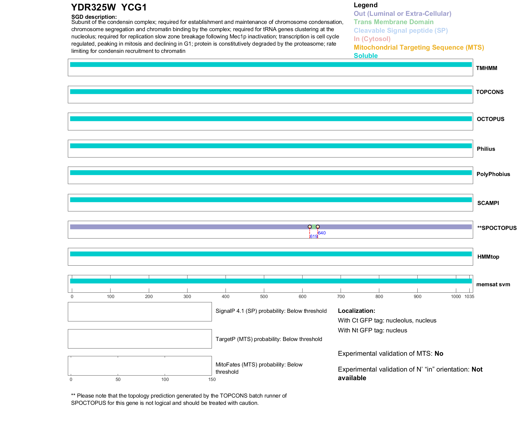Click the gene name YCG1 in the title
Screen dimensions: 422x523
pos(134,8)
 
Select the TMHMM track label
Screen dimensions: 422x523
pos(486,68)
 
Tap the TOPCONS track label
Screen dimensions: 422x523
pos(489,92)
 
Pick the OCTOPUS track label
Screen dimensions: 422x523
pos(490,119)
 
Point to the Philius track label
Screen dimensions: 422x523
pos(486,149)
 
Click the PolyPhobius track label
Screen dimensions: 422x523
pos(493,174)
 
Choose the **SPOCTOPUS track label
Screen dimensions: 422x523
pos(497,228)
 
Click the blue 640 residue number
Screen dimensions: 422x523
pos(322,233)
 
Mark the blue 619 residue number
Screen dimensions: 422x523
pos(313,237)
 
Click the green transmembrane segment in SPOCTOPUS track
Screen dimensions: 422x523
pos(314,227)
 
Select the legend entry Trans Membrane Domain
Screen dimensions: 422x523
pos(393,22)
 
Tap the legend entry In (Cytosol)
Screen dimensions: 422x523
pos(372,39)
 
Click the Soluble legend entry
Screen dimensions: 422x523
pos(366,56)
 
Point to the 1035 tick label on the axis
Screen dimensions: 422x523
pos(469,296)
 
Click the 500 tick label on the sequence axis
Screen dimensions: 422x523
pos(264,296)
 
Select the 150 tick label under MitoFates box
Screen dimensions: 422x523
pos(212,379)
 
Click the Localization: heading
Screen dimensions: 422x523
pos(356,311)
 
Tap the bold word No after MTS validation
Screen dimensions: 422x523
pos(439,354)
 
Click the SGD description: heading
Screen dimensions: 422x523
pos(94,17)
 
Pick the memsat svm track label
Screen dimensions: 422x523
pos(493,284)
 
